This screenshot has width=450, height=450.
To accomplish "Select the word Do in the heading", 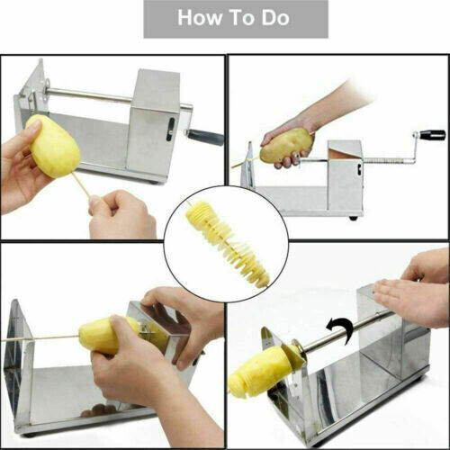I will click(279, 19).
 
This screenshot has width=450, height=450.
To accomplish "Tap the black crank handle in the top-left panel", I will click(206, 137).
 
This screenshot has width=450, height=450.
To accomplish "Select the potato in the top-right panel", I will click(285, 146).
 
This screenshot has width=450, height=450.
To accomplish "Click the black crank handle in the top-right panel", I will click(433, 135).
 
